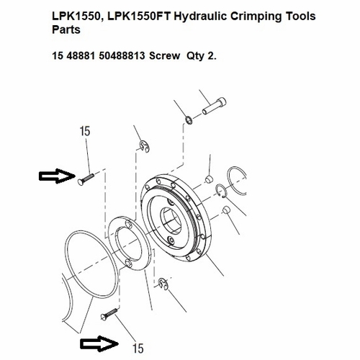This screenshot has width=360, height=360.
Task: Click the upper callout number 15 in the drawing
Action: (85, 132)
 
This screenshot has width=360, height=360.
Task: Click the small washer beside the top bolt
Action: (187, 119)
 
